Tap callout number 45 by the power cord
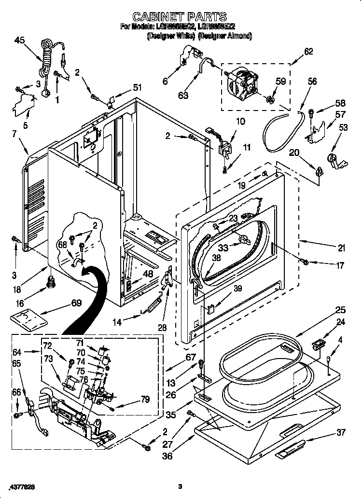(x=20, y=41)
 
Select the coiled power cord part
(x=47, y=57)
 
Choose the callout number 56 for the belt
(x=313, y=82)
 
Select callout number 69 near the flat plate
(x=76, y=303)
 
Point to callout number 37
(x=341, y=432)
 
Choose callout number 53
(x=343, y=127)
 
